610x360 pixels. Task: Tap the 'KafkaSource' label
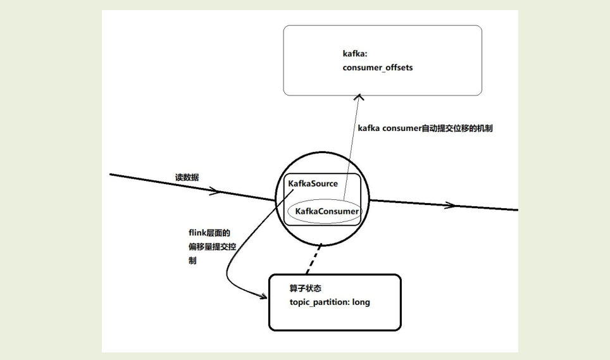coord(313,183)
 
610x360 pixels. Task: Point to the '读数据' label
coord(187,178)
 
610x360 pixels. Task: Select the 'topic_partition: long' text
coord(329,302)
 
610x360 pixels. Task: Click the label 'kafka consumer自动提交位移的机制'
coord(425,128)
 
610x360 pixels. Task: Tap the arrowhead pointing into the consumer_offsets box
coord(360,97)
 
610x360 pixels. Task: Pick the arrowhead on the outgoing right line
coord(451,205)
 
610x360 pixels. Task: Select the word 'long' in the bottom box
coord(361,302)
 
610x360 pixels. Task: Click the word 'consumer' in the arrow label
coord(401,128)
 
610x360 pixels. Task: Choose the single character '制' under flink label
coord(192,260)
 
